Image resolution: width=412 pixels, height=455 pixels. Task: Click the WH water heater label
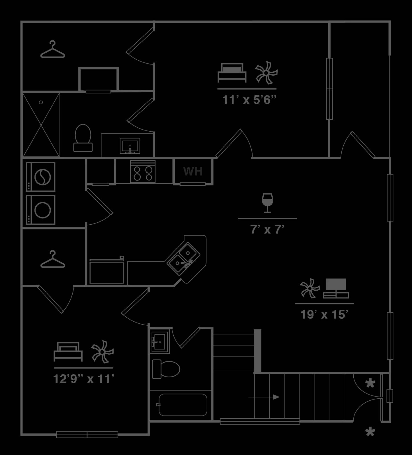(x=193, y=171)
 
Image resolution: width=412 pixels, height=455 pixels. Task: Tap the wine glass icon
(x=267, y=203)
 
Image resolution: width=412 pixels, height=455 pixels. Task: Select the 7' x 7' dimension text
(x=267, y=229)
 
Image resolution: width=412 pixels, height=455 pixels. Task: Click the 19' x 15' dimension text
(x=324, y=315)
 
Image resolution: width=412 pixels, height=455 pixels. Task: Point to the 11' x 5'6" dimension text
(x=249, y=100)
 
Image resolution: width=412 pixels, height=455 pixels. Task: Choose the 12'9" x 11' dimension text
(x=84, y=379)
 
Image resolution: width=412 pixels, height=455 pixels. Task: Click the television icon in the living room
(x=336, y=288)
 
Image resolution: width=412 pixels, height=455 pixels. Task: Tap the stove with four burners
(x=143, y=171)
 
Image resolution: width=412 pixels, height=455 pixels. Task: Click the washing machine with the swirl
(x=40, y=177)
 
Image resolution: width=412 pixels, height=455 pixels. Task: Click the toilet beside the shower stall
(x=83, y=138)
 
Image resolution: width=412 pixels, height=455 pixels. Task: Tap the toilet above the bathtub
(x=166, y=369)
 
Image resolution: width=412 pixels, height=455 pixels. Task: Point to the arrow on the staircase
(x=264, y=397)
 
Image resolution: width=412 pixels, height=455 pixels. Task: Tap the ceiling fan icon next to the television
(x=310, y=288)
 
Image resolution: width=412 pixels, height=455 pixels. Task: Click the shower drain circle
(x=41, y=102)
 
